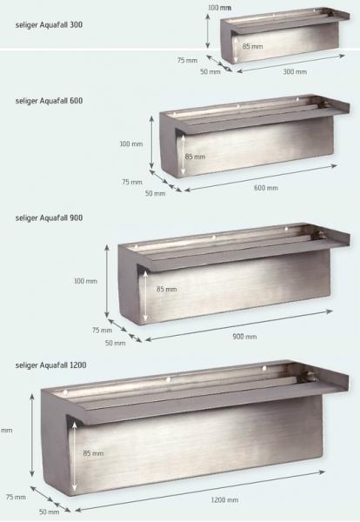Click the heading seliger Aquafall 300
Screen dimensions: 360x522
click(49, 25)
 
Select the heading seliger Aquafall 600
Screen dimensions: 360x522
click(49, 101)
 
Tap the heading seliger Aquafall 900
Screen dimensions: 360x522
click(49, 218)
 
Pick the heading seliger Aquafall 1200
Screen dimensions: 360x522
click(51, 365)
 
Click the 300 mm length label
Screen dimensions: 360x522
click(295, 71)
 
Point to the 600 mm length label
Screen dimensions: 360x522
click(266, 188)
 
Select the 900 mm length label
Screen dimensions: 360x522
click(244, 337)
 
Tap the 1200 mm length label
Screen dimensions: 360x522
click(224, 499)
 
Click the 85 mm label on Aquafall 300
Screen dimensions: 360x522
click(252, 46)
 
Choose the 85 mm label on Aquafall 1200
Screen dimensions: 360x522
click(93, 453)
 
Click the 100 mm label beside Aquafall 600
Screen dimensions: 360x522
click(131, 144)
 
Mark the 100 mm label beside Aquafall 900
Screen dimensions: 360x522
click(85, 281)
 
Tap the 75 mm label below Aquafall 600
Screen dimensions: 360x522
click(132, 182)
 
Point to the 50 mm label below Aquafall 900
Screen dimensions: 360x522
click(116, 343)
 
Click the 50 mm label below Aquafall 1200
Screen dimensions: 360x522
click(50, 512)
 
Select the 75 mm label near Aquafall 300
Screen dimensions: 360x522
click(187, 60)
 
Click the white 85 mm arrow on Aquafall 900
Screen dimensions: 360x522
click(145, 296)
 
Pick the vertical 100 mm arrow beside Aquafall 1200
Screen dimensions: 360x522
click(32, 435)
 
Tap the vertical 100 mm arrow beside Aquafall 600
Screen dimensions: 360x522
click(151, 142)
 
